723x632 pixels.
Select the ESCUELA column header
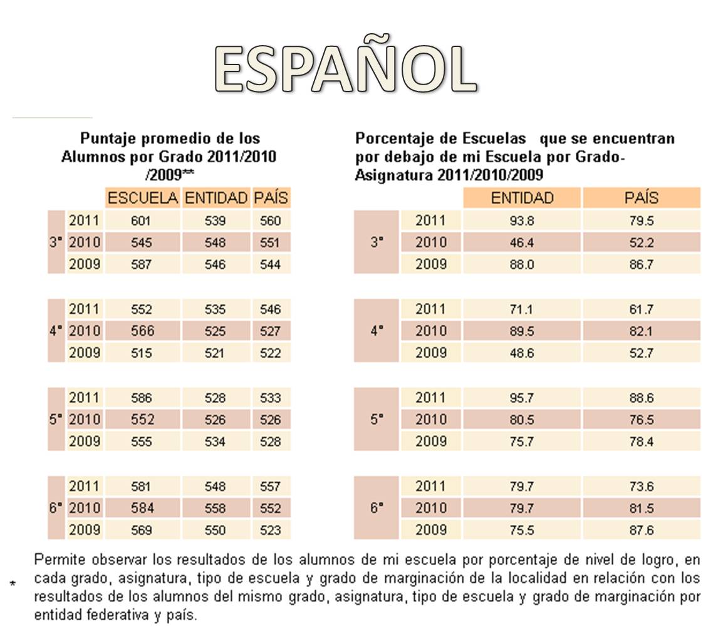(x=142, y=198)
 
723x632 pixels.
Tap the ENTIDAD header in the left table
(x=216, y=198)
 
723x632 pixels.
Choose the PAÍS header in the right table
(x=642, y=198)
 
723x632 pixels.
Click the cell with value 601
(x=140, y=221)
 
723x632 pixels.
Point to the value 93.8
(x=521, y=221)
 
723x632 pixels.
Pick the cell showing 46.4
(x=521, y=242)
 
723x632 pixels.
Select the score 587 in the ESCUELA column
(x=140, y=264)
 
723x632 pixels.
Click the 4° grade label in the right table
(x=377, y=331)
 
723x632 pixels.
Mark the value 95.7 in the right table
(x=521, y=398)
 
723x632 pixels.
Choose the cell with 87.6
(x=642, y=530)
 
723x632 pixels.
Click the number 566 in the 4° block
(x=142, y=331)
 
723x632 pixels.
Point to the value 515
(x=140, y=353)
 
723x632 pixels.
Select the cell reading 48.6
(x=521, y=353)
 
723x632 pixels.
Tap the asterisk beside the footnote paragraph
(x=13, y=584)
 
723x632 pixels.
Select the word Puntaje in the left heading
(x=108, y=139)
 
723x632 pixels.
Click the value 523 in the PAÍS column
(x=270, y=530)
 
